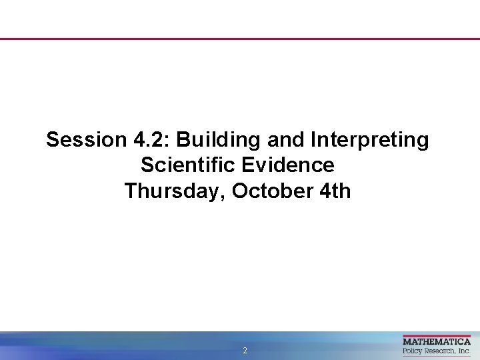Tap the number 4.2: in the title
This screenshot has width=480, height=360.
click(149, 140)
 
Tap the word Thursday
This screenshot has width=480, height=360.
click(175, 192)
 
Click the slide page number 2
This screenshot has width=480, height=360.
click(245, 351)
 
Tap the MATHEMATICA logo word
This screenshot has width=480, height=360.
click(437, 341)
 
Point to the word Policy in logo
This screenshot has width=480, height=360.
click(413, 351)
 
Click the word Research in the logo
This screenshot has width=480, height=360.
click(440, 351)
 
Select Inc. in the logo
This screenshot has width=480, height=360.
click(464, 351)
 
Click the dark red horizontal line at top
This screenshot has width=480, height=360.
click(240, 39)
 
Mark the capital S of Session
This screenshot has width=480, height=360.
click(52, 140)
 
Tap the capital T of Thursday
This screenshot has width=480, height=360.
click(131, 191)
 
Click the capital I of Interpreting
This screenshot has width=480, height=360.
click(313, 140)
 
